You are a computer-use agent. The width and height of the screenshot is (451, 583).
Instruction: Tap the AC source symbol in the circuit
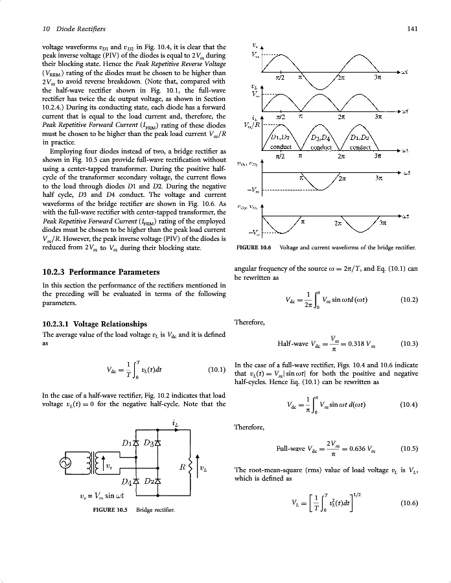[67, 463]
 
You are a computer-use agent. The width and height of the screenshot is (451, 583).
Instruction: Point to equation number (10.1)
[216, 371]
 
